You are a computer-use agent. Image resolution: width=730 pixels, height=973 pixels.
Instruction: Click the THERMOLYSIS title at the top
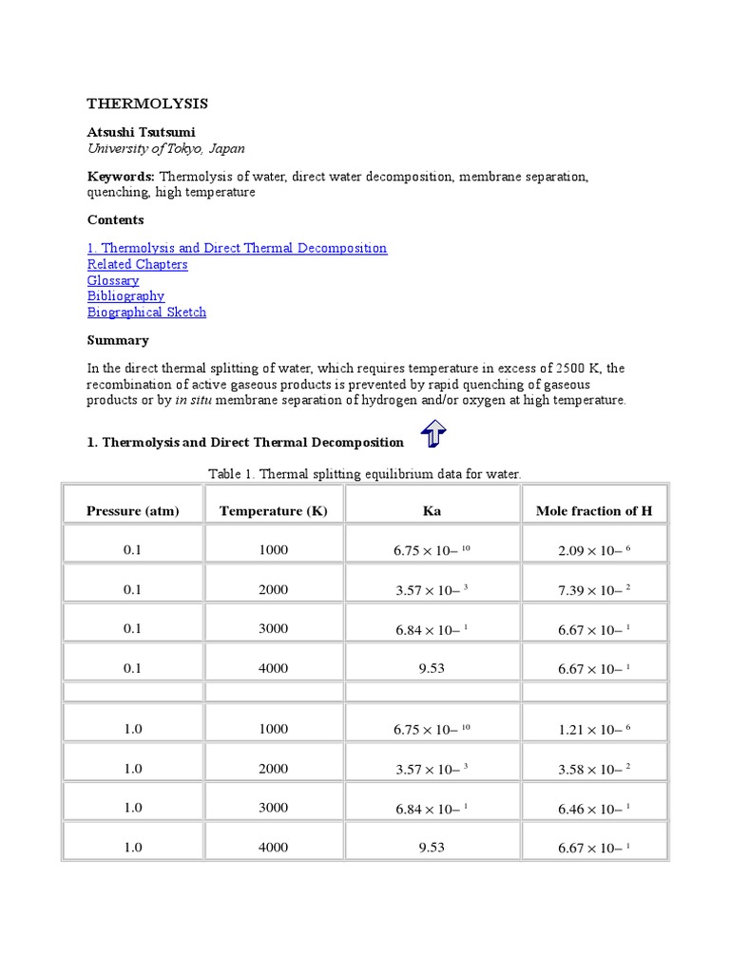[x=147, y=104]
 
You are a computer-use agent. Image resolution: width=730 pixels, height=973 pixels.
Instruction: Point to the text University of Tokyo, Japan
[x=165, y=148]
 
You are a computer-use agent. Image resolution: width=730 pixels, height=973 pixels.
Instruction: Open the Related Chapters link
[x=137, y=264]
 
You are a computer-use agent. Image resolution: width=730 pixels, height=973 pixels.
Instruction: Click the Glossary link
[x=113, y=280]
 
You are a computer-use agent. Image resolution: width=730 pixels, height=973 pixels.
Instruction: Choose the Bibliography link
[x=125, y=296]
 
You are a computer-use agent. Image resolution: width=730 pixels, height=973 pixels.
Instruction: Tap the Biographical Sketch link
[x=146, y=312]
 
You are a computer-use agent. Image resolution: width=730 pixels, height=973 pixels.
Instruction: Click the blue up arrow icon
[x=432, y=436]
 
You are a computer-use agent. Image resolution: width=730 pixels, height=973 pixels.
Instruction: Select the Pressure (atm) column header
[x=132, y=510]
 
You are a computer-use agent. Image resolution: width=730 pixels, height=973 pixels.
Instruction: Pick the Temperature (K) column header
[x=273, y=510]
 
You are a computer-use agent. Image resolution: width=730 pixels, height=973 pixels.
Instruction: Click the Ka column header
[x=432, y=510]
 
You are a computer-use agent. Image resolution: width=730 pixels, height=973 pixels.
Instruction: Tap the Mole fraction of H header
[x=594, y=510]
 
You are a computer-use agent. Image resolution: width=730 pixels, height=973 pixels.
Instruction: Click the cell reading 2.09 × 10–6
[x=594, y=550]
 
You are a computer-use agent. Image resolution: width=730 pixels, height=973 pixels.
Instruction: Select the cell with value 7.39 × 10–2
[x=594, y=590]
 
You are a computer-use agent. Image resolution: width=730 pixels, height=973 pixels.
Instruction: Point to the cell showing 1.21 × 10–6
[x=594, y=729]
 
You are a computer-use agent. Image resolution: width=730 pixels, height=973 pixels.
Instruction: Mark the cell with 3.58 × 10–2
[x=594, y=769]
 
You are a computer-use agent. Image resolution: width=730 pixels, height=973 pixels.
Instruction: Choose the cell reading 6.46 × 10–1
[x=594, y=809]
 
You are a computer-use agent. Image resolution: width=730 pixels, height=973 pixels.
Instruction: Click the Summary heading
[x=118, y=340]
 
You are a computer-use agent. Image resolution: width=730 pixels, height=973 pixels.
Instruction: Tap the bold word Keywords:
[x=121, y=177]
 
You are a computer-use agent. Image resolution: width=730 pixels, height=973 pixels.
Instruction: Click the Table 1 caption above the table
[x=365, y=472]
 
